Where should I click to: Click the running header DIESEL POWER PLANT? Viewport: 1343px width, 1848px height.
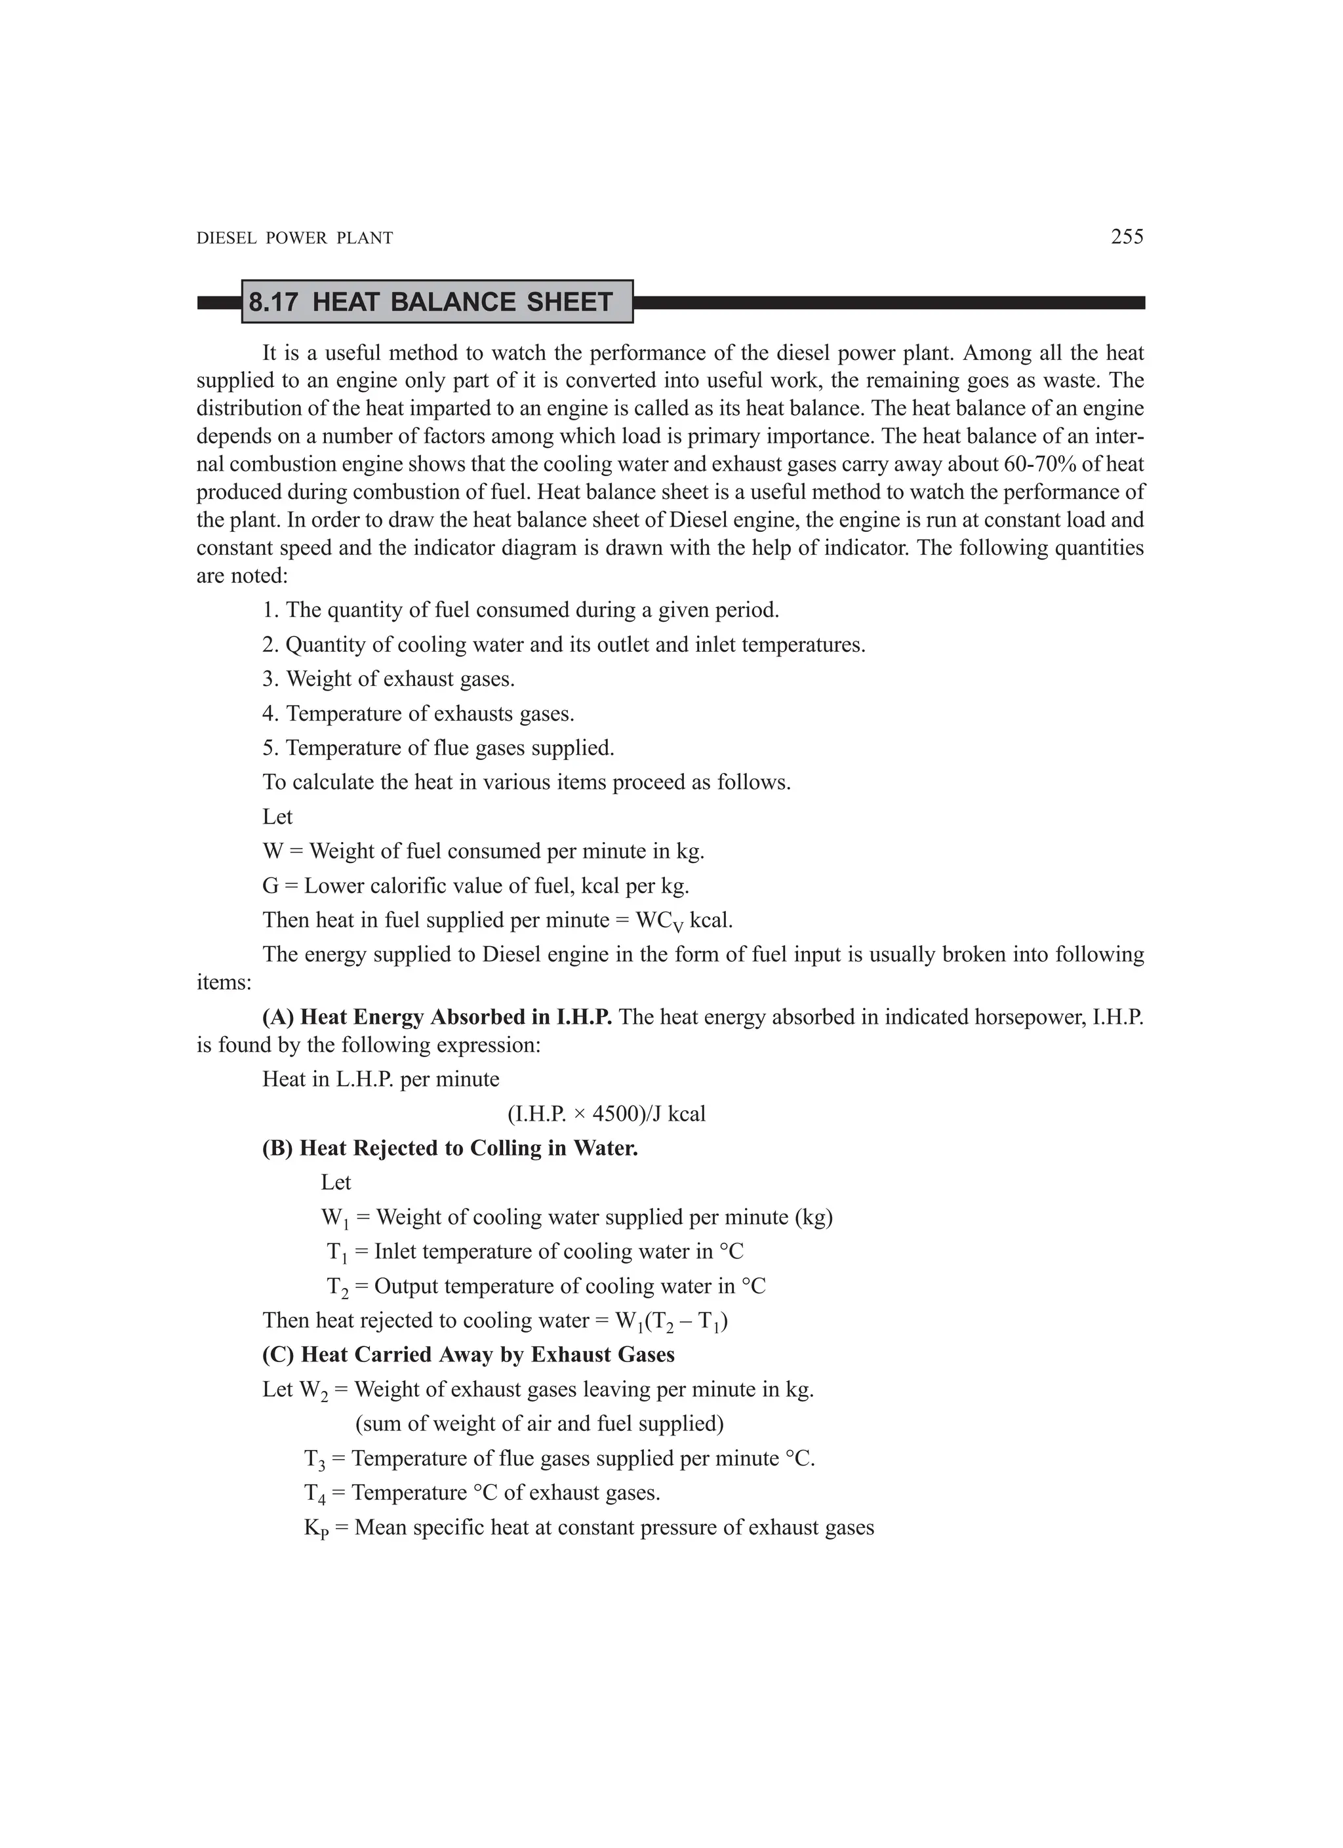point(295,238)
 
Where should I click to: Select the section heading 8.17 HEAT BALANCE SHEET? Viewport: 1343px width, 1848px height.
point(430,302)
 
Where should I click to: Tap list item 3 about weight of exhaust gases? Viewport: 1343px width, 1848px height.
point(388,679)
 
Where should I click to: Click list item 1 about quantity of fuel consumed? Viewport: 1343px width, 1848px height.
point(520,609)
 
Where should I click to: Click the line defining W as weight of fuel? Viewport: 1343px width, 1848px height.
point(483,851)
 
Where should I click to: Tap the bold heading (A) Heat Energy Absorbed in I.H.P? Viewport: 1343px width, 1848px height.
point(437,1017)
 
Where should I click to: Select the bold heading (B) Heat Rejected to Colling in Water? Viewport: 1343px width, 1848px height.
point(450,1148)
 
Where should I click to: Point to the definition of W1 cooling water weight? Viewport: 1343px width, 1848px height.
point(576,1217)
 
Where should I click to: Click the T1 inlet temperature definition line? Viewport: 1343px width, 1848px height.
point(534,1251)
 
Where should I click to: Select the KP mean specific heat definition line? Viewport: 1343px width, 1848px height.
point(588,1527)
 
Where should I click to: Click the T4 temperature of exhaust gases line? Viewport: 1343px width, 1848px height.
point(481,1493)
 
